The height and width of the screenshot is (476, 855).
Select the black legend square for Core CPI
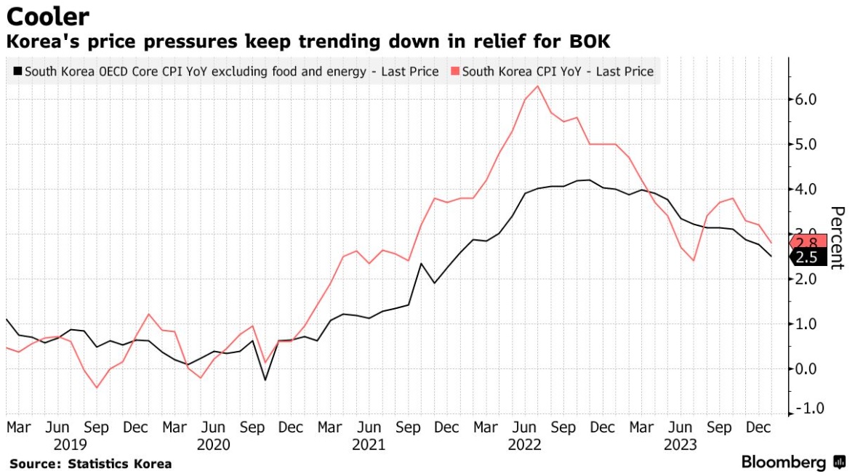click(x=17, y=71)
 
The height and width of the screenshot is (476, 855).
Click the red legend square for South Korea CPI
click(x=455, y=71)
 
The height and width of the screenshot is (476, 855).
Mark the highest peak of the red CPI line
click(x=537, y=86)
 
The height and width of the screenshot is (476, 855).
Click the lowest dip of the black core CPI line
click(x=265, y=379)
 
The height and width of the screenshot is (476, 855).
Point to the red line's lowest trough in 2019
click(x=97, y=387)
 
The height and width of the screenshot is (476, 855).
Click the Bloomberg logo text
click(x=783, y=462)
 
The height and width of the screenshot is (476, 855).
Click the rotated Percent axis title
click(x=837, y=238)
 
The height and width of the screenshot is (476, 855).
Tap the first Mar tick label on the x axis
click(x=19, y=428)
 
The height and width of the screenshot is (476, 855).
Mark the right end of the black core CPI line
click(x=771, y=256)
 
